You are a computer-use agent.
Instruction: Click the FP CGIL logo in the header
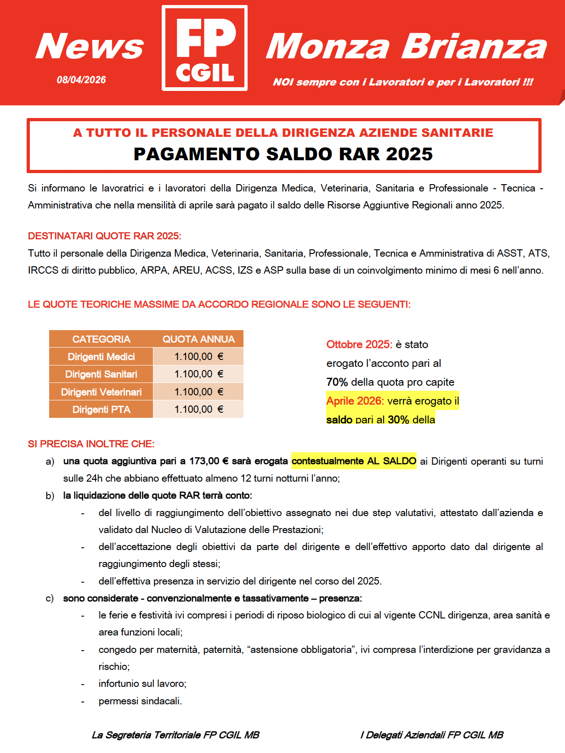coord(205,48)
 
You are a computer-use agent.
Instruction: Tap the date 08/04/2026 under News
coord(81,80)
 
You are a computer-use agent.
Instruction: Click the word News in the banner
coord(90,46)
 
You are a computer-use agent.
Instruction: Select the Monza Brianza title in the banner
coord(406,46)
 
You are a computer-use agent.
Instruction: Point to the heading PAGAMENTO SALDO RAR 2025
coord(283,154)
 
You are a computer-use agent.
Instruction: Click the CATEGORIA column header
coord(101,339)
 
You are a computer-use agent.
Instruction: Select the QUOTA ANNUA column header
coord(198,339)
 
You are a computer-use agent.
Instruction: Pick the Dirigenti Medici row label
coord(101,357)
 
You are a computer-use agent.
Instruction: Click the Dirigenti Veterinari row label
coord(101,392)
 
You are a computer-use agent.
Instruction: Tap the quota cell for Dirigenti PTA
coord(198,410)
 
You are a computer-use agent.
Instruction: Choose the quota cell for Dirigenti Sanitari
coord(198,374)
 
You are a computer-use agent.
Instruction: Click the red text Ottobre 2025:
coord(359,344)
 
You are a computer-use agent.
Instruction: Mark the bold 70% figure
coord(337,382)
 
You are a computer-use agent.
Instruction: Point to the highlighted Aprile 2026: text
coord(355,401)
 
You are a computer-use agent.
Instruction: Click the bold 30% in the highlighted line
coord(398,420)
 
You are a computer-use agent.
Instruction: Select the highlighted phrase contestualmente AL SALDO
coord(354,461)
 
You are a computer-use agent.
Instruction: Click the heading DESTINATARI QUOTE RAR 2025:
coord(105,236)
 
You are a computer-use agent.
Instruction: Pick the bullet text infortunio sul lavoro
coord(142,684)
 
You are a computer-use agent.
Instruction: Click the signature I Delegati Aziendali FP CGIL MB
coord(432,735)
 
